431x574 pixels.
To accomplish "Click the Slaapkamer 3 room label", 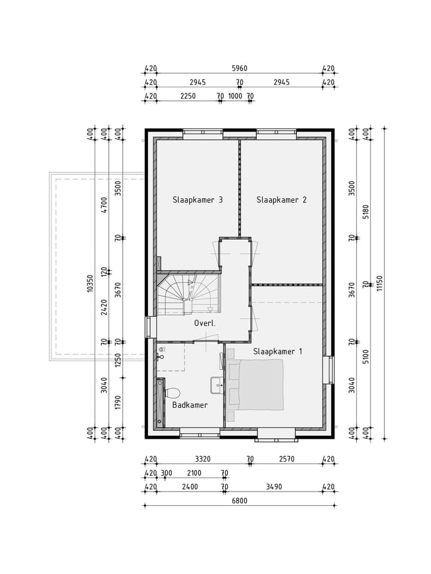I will point(198,200).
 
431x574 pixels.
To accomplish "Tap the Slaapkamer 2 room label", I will point(281,200).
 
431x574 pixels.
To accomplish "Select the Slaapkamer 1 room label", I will point(277,351).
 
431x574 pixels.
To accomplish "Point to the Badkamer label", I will point(190,405).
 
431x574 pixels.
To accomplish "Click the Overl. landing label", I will point(205,323).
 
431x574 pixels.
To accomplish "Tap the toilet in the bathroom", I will point(172,393).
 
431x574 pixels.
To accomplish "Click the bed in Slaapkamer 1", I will point(261,385).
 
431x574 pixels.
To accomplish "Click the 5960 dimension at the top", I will point(239,68).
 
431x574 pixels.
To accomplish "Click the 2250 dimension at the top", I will point(188,96).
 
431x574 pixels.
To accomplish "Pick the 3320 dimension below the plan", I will point(203,459).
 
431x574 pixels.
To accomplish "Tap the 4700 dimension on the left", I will point(104,205).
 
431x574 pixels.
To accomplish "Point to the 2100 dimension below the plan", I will point(194,473).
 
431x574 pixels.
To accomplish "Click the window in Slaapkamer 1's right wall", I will point(329,370).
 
